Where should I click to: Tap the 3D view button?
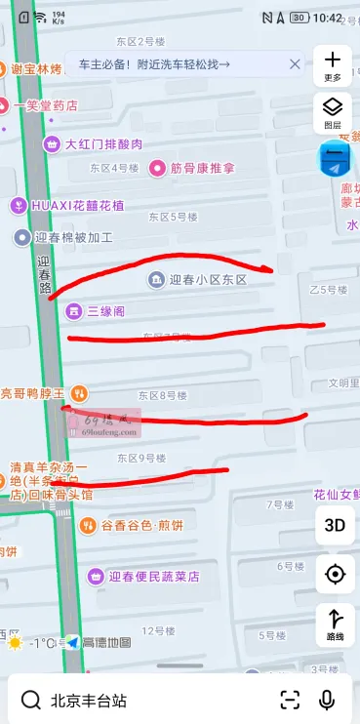pos(335,524)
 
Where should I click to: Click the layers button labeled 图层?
pos(333,111)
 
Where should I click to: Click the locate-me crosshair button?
pos(335,574)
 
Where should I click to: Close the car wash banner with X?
pos(295,63)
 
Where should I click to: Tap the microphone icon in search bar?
pos(327,700)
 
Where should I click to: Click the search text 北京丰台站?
pos(89,701)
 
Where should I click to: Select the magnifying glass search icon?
pos(31,700)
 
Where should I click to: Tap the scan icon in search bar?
pos(290,700)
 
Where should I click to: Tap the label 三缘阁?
pos(105,311)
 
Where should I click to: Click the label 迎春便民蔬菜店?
pos(154,577)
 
